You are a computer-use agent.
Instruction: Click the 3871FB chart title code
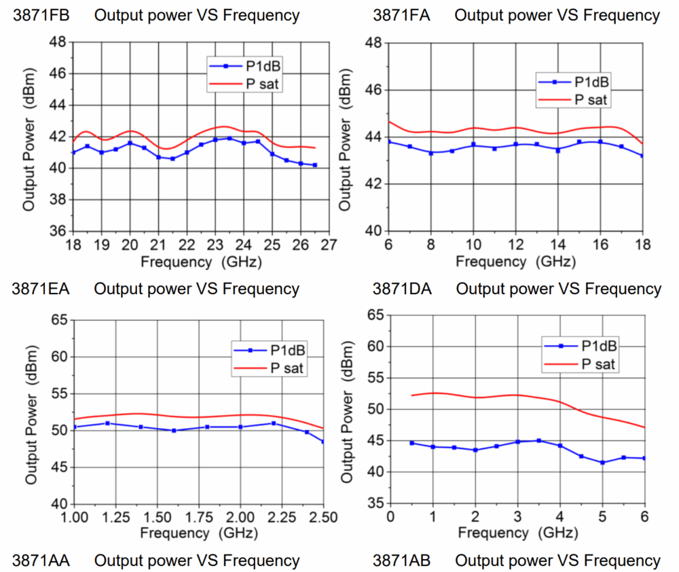coord(41,15)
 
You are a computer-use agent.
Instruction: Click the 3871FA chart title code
coord(401,15)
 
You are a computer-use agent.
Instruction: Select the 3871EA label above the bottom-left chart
coord(41,289)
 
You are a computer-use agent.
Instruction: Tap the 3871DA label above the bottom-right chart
coord(402,289)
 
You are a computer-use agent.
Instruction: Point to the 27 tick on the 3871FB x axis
coord(329,245)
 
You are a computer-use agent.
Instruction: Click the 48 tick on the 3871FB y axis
coord(58,42)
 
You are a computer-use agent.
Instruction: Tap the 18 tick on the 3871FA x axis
coord(642,244)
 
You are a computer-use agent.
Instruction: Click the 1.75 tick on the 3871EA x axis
coord(200,517)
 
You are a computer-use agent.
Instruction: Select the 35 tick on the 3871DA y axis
coord(375,503)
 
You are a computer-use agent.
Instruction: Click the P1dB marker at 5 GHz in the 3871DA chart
coord(602,463)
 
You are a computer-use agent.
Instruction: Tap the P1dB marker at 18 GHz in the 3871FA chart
coord(642,156)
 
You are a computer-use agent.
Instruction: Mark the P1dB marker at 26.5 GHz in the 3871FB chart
coord(315,165)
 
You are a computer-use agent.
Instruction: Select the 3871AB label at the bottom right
coord(401,561)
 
